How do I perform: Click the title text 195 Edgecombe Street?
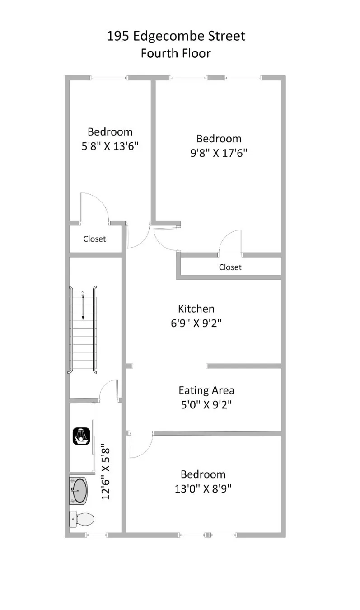coord(176,36)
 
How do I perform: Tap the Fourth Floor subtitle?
coord(176,53)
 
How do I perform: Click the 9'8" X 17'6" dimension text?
coord(219,153)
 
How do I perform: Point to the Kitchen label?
coord(196,309)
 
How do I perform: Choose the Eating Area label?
coord(206,390)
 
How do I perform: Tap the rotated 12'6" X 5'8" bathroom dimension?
coord(106,472)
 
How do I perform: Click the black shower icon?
coord(82,436)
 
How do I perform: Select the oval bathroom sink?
coord(80,491)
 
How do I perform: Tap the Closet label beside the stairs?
coord(94,239)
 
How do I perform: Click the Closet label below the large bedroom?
coord(230,267)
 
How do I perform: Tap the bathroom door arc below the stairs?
coord(109,390)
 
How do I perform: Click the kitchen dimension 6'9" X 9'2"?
coord(196,324)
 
